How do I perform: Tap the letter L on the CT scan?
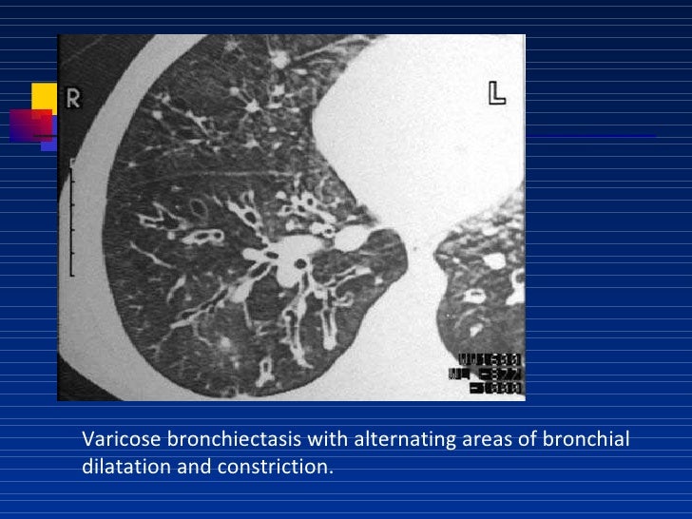[x=496, y=92]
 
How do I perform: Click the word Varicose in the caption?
[x=122, y=439]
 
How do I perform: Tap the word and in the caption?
[x=195, y=468]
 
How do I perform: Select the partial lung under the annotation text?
[x=475, y=295]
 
